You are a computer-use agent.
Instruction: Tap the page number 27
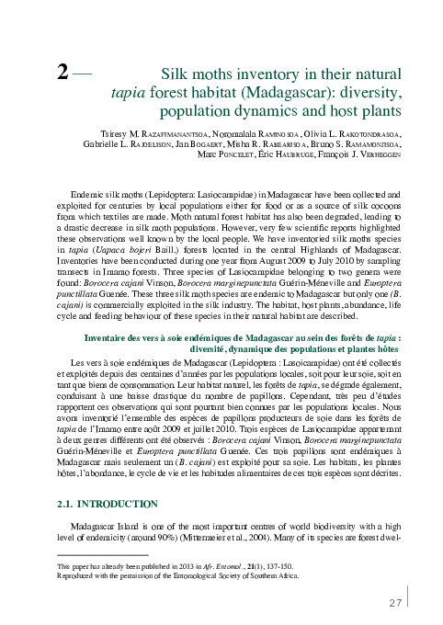[x=397, y=603]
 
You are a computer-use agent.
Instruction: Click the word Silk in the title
[x=177, y=74]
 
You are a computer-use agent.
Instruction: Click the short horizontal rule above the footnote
[x=101, y=555]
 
